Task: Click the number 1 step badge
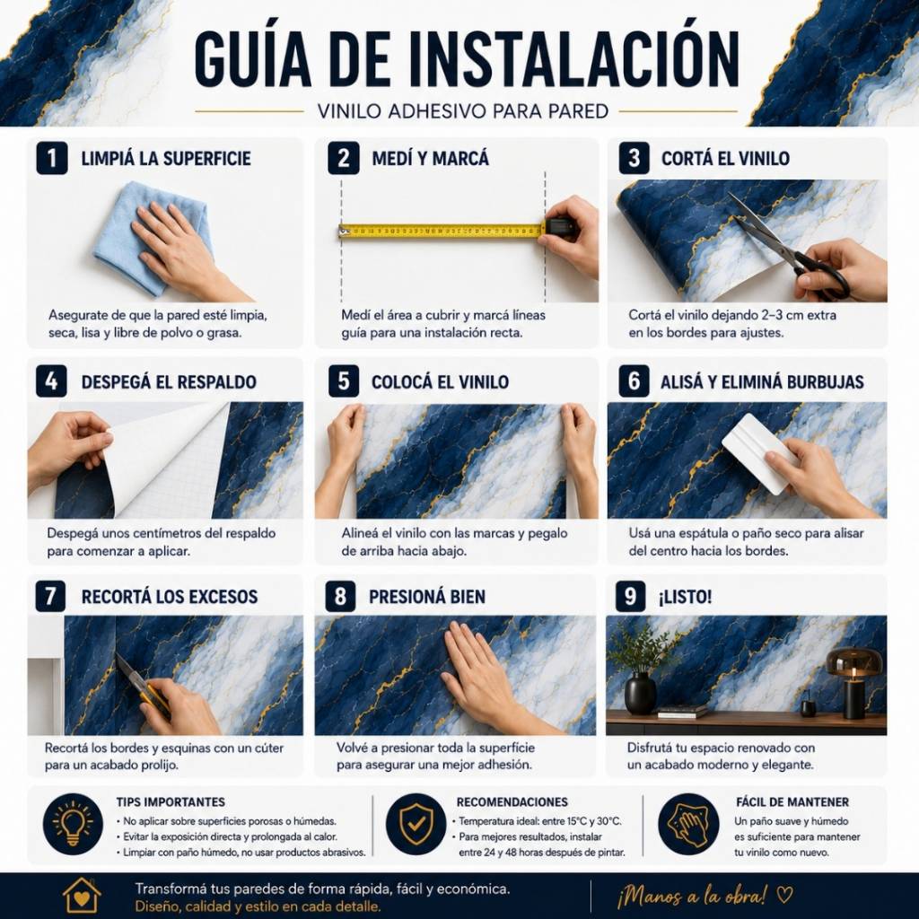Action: click(x=51, y=158)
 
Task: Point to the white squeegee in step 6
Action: click(x=756, y=452)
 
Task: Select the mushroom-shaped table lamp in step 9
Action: click(x=853, y=683)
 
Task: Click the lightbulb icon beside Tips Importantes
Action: click(x=73, y=824)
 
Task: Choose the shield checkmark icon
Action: click(x=416, y=824)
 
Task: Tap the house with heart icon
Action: click(x=82, y=895)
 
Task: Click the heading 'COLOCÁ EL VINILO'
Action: click(x=440, y=382)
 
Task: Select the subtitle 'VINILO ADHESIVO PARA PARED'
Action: click(x=462, y=111)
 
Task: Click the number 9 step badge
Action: click(x=630, y=597)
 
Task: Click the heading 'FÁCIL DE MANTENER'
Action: click(x=792, y=801)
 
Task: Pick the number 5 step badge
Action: click(x=344, y=381)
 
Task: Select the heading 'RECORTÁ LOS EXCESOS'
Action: click(x=170, y=597)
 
